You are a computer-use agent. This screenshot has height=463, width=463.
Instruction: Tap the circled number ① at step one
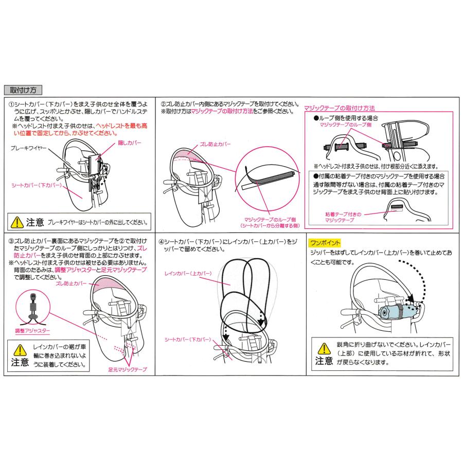[x=11, y=103]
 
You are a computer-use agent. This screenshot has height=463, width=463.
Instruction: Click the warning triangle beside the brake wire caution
[x=17, y=222]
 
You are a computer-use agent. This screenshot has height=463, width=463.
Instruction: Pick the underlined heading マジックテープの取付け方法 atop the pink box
[x=339, y=109]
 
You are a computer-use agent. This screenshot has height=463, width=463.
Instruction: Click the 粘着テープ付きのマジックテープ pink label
[x=337, y=216]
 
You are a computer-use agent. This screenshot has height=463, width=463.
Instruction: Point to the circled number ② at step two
[x=163, y=103]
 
